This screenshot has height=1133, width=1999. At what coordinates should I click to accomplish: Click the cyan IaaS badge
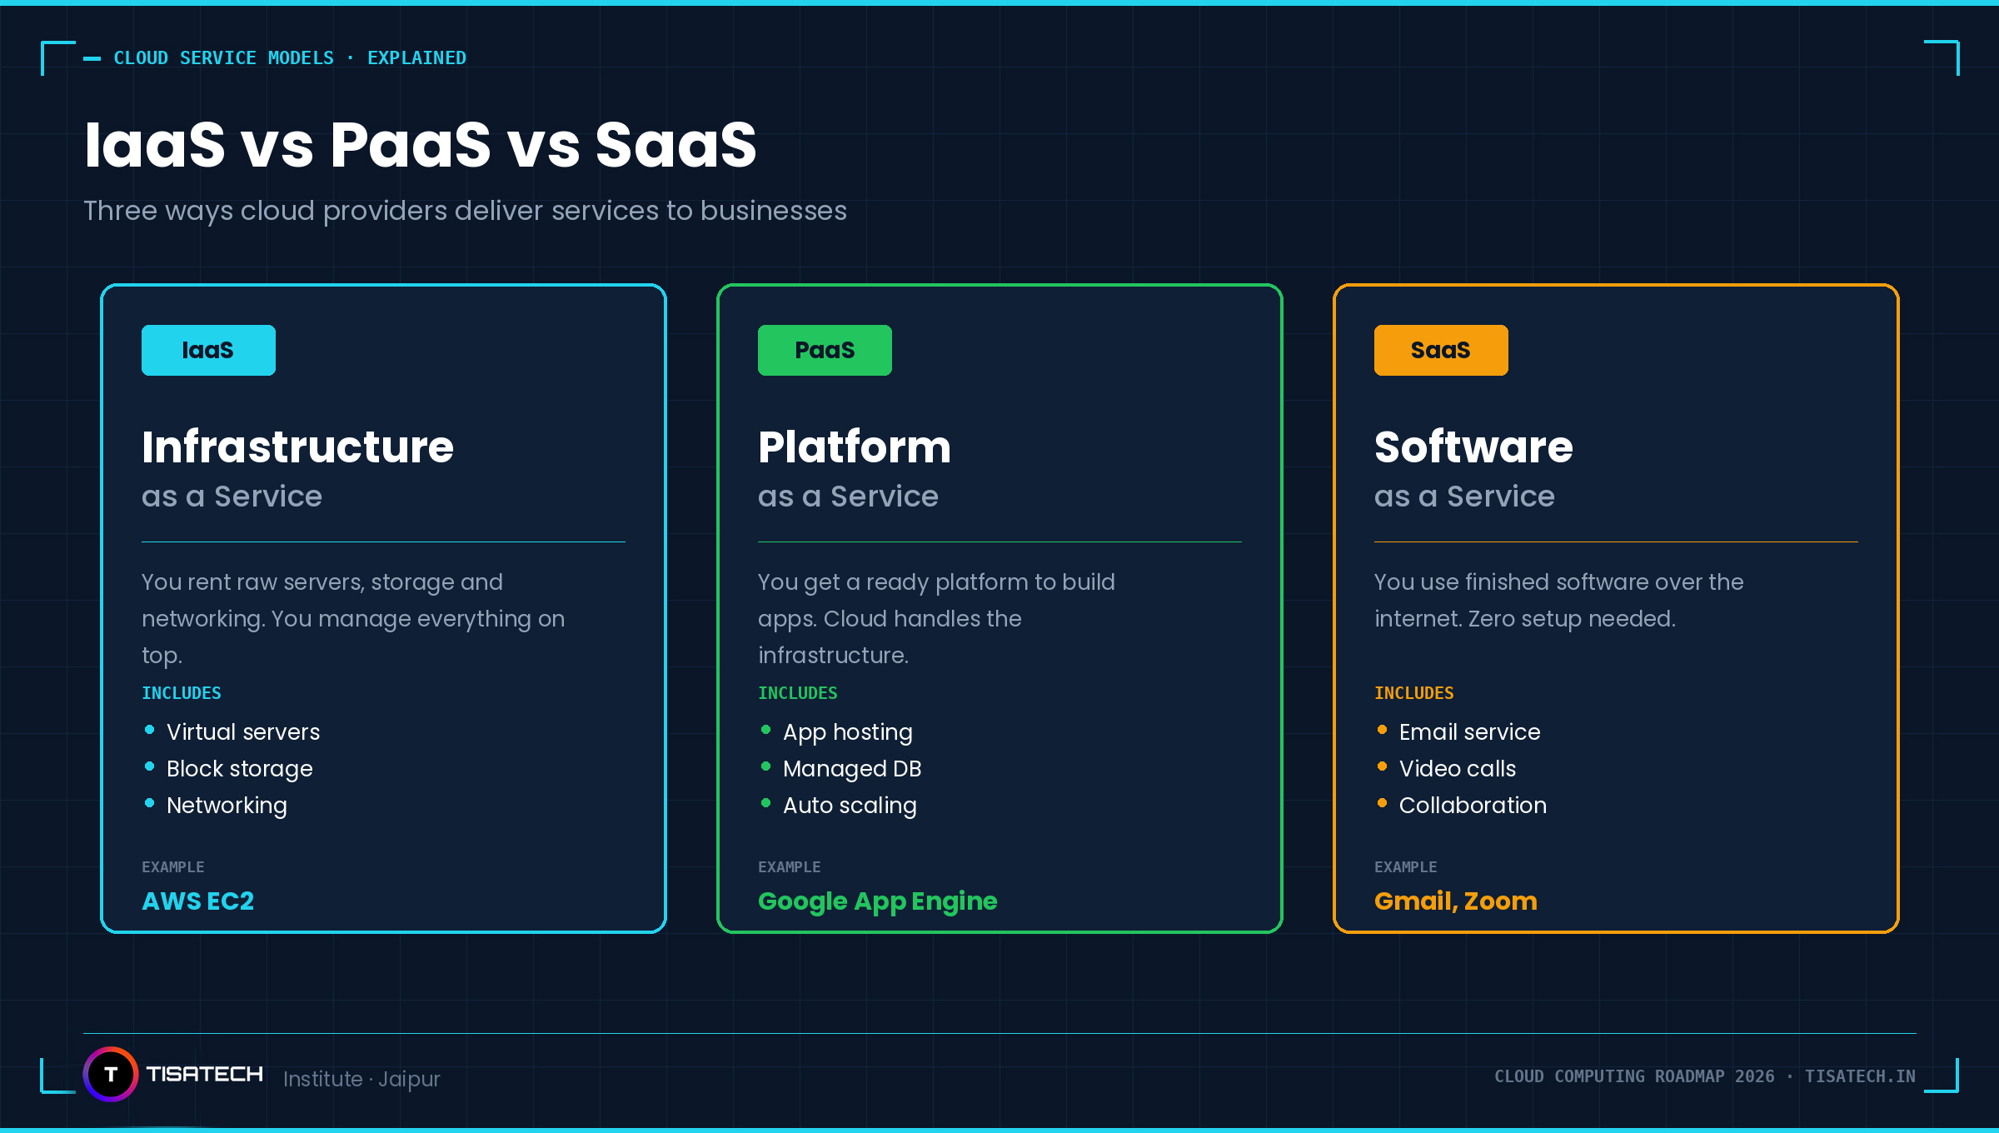pyautogui.click(x=208, y=350)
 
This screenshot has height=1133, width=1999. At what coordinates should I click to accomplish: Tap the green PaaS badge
pyautogui.click(x=825, y=350)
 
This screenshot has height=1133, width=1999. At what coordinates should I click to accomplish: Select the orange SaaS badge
pyautogui.click(x=1441, y=350)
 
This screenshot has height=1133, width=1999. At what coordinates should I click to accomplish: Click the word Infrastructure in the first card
pyautogui.click(x=297, y=447)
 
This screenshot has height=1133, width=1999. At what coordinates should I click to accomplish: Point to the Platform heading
pyautogui.click(x=854, y=447)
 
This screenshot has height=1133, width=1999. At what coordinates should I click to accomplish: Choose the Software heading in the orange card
pyautogui.click(x=1473, y=447)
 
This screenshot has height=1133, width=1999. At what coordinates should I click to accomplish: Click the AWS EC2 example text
pyautogui.click(x=197, y=901)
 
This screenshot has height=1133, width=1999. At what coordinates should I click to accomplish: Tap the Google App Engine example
pyautogui.click(x=877, y=901)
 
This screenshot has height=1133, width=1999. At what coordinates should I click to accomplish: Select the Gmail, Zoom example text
pyautogui.click(x=1455, y=901)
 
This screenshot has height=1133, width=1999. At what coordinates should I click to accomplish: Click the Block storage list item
pyautogui.click(x=239, y=769)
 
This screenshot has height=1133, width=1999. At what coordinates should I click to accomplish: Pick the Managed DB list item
pyautogui.click(x=851, y=769)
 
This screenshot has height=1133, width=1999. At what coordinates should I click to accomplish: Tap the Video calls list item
pyautogui.click(x=1457, y=769)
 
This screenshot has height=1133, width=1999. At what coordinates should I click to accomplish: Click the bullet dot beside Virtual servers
pyautogui.click(x=150, y=730)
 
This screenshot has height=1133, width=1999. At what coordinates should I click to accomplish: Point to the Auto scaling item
pyautogui.click(x=849, y=806)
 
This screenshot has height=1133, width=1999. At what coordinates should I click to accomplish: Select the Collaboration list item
pyautogui.click(x=1472, y=806)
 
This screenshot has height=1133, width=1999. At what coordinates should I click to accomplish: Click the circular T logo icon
pyautogui.click(x=111, y=1074)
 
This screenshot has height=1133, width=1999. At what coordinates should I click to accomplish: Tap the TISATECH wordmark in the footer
pyautogui.click(x=204, y=1074)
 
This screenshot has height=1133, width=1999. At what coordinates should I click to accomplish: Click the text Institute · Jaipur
pyautogui.click(x=361, y=1079)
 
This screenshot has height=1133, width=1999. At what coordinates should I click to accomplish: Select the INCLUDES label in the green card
pyautogui.click(x=797, y=693)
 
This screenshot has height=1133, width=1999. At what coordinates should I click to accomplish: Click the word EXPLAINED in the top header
pyautogui.click(x=416, y=58)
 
